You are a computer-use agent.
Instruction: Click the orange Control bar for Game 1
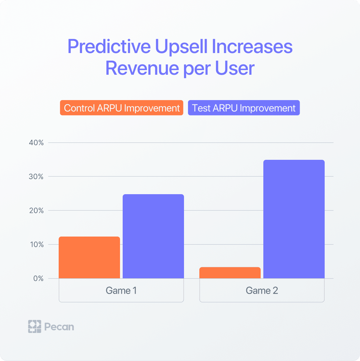coord(89,257)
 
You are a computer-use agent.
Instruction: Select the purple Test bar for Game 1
coord(153,236)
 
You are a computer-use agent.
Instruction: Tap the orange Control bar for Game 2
coord(230,273)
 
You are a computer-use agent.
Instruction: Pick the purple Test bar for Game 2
coord(294,219)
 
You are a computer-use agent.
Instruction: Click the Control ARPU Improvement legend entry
coord(122,108)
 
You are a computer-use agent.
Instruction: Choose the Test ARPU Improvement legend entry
coord(244,108)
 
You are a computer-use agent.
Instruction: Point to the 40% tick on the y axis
coord(36,143)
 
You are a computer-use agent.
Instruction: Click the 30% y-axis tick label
coord(36,176)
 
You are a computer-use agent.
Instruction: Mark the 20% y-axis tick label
coord(36,211)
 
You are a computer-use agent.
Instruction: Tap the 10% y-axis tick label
coord(36,245)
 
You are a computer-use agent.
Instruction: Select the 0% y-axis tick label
coord(38,278)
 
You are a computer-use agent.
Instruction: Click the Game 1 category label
coord(121,291)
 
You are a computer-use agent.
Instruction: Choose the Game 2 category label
coord(262,291)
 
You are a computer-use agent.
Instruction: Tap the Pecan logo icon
coord(34,326)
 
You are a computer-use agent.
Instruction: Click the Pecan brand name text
coord(59,326)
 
